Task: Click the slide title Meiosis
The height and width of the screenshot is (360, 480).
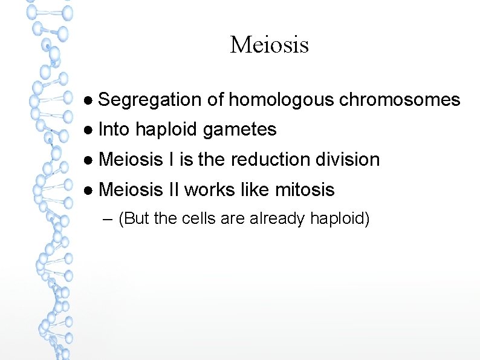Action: (x=269, y=44)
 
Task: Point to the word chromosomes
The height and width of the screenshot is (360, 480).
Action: (x=399, y=100)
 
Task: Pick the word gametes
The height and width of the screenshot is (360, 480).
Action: (x=240, y=129)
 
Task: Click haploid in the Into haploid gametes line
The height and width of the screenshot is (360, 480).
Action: (x=166, y=129)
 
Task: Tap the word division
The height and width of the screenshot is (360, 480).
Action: (x=346, y=160)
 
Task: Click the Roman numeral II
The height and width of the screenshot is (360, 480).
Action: (x=174, y=190)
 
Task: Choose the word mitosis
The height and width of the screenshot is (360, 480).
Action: (x=305, y=190)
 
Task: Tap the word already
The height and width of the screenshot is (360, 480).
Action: (x=276, y=218)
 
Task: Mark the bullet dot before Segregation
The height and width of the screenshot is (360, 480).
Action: (x=88, y=100)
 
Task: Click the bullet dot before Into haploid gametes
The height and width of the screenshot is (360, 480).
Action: (x=88, y=130)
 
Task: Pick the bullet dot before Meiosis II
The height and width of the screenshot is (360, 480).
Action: (x=88, y=191)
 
